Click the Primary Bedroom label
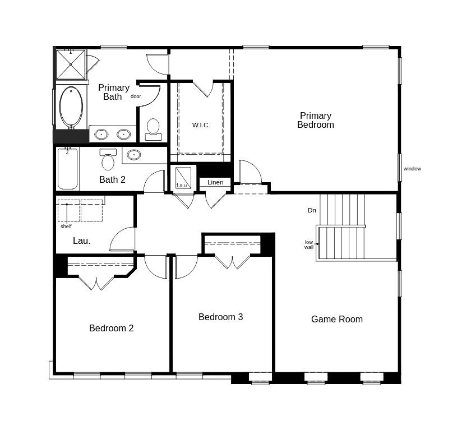(x=315, y=121)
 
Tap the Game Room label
(x=336, y=319)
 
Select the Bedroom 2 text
(x=111, y=328)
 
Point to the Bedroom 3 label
(x=220, y=317)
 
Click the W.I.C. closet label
(x=201, y=125)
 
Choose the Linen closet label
(x=215, y=182)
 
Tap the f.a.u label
(x=182, y=186)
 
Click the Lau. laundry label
(x=81, y=241)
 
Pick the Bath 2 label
(x=112, y=179)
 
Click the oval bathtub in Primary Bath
(x=71, y=107)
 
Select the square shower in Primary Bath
(x=71, y=64)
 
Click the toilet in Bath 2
(x=108, y=160)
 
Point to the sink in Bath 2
(x=133, y=155)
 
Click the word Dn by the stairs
(x=312, y=210)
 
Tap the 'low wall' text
(x=309, y=244)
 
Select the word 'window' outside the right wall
(x=412, y=169)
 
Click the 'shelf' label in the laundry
(x=66, y=226)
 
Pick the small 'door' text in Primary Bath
(x=136, y=96)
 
